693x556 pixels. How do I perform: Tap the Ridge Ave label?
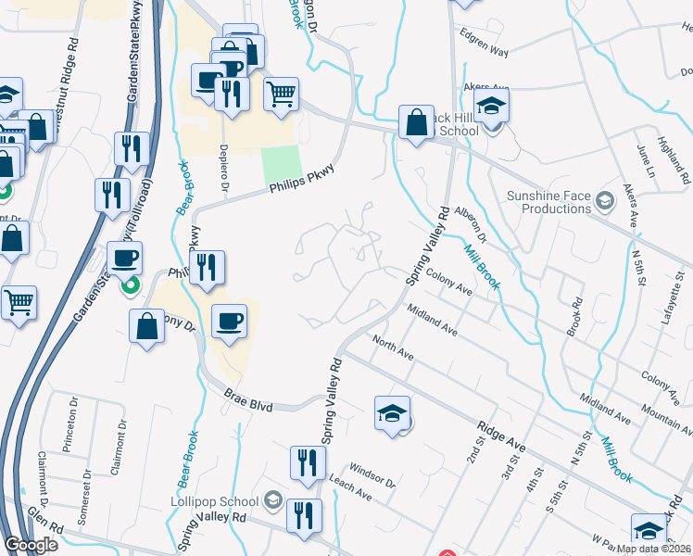point(501,436)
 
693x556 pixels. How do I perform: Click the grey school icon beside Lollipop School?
point(272,501)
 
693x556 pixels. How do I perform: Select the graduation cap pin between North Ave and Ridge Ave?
point(392,412)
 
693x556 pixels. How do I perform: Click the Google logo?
point(31,546)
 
